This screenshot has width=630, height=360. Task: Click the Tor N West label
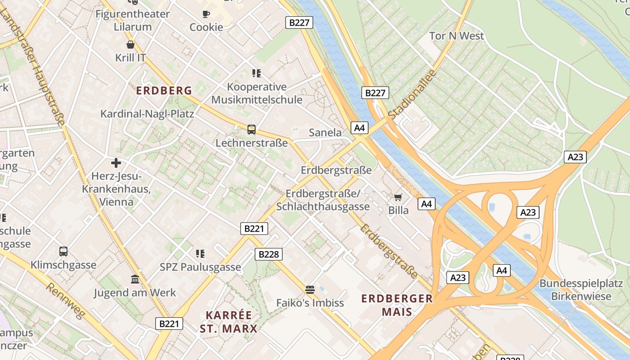[456, 36]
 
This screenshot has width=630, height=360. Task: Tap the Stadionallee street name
[412, 94]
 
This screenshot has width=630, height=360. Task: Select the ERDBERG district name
[164, 90]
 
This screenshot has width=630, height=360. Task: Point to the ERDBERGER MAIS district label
[397, 305]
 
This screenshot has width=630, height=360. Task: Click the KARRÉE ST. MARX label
[229, 321]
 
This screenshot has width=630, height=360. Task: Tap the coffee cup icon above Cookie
[206, 14]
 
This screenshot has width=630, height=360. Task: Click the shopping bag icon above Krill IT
[130, 45]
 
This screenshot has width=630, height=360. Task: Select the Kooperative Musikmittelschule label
[257, 93]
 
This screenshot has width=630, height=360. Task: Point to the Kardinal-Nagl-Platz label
[147, 114]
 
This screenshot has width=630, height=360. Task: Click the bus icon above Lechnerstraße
[252, 130]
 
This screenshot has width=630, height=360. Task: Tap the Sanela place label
[325, 133]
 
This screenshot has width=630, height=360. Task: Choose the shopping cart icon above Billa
[398, 197]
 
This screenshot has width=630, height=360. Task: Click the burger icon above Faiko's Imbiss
[310, 289]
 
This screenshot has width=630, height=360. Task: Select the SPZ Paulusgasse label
[200, 267]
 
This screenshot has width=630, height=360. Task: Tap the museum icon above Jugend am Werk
[135, 279]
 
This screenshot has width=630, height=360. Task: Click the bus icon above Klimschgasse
[63, 252]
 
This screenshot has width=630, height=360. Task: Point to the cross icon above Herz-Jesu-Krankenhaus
[116, 162]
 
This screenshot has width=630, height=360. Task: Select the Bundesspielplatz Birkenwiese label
[581, 290]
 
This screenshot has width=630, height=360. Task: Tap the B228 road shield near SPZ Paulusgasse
[269, 254]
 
